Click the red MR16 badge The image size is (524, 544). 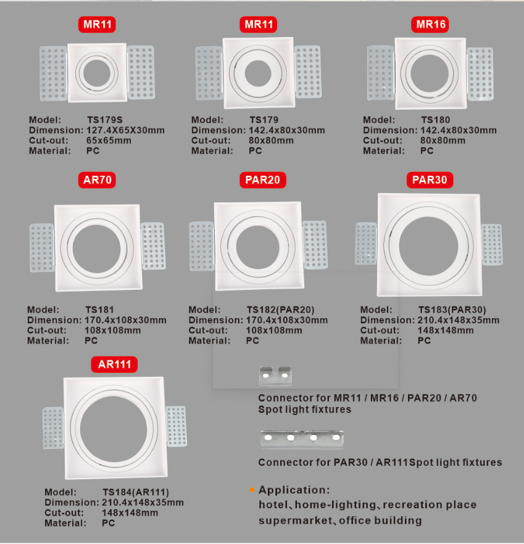click(430, 24)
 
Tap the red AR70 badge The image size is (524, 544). click(97, 179)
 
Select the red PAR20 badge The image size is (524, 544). click(262, 179)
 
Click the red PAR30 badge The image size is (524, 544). click(430, 179)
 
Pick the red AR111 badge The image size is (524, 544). click(114, 365)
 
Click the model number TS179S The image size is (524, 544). click(105, 120)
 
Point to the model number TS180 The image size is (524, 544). click(436, 120)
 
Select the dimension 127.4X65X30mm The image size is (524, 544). click(125, 130)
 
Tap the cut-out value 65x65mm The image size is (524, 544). click(109, 141)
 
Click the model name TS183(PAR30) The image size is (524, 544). click(452, 310)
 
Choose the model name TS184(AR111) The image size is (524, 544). click(136, 492)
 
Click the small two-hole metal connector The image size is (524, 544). click(275, 376)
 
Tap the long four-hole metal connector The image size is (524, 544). click(302, 439)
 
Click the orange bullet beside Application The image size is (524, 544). click(252, 490)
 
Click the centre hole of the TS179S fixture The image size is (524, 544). click(97, 73)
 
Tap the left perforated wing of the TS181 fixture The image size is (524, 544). click(42, 248)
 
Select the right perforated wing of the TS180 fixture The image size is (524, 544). click(480, 74)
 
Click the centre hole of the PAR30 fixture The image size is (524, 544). click(428, 245)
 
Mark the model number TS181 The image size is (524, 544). click(99, 310)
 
